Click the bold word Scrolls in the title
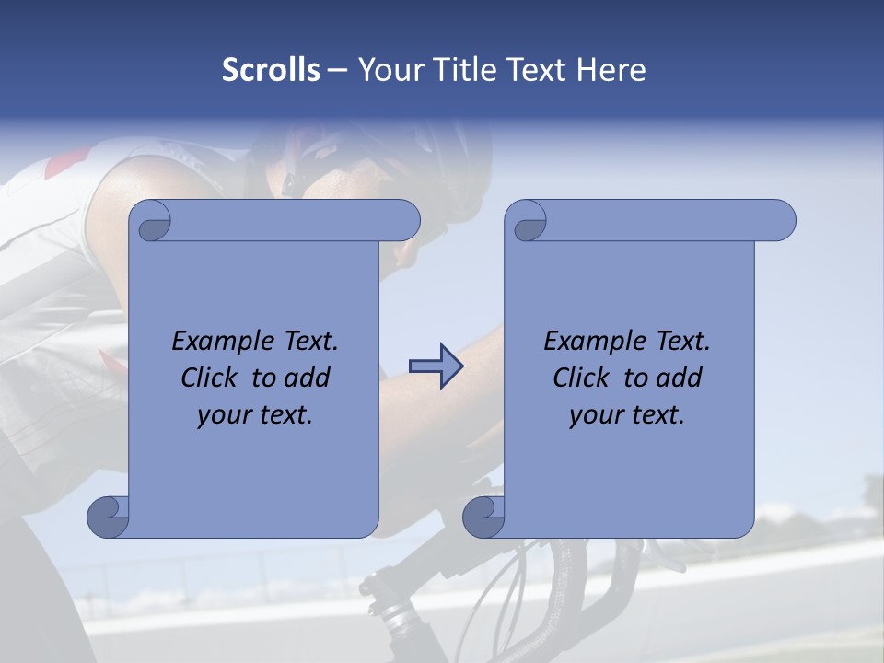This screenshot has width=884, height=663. pyautogui.click(x=271, y=70)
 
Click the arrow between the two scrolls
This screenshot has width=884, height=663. pyautogui.click(x=436, y=367)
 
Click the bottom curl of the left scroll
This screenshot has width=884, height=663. pyautogui.click(x=109, y=518)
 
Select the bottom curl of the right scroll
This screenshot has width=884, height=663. pyautogui.click(x=484, y=518)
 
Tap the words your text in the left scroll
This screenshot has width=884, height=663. pyautogui.click(x=254, y=415)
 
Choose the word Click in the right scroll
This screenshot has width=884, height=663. pyautogui.click(x=582, y=378)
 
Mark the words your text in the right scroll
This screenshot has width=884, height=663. pyautogui.click(x=626, y=415)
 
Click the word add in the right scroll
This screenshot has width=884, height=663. pyautogui.click(x=680, y=378)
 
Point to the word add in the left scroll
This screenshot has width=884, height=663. pyautogui.click(x=308, y=378)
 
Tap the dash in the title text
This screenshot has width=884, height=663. pyautogui.click(x=338, y=70)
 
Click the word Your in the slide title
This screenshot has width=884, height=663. pyautogui.click(x=387, y=70)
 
